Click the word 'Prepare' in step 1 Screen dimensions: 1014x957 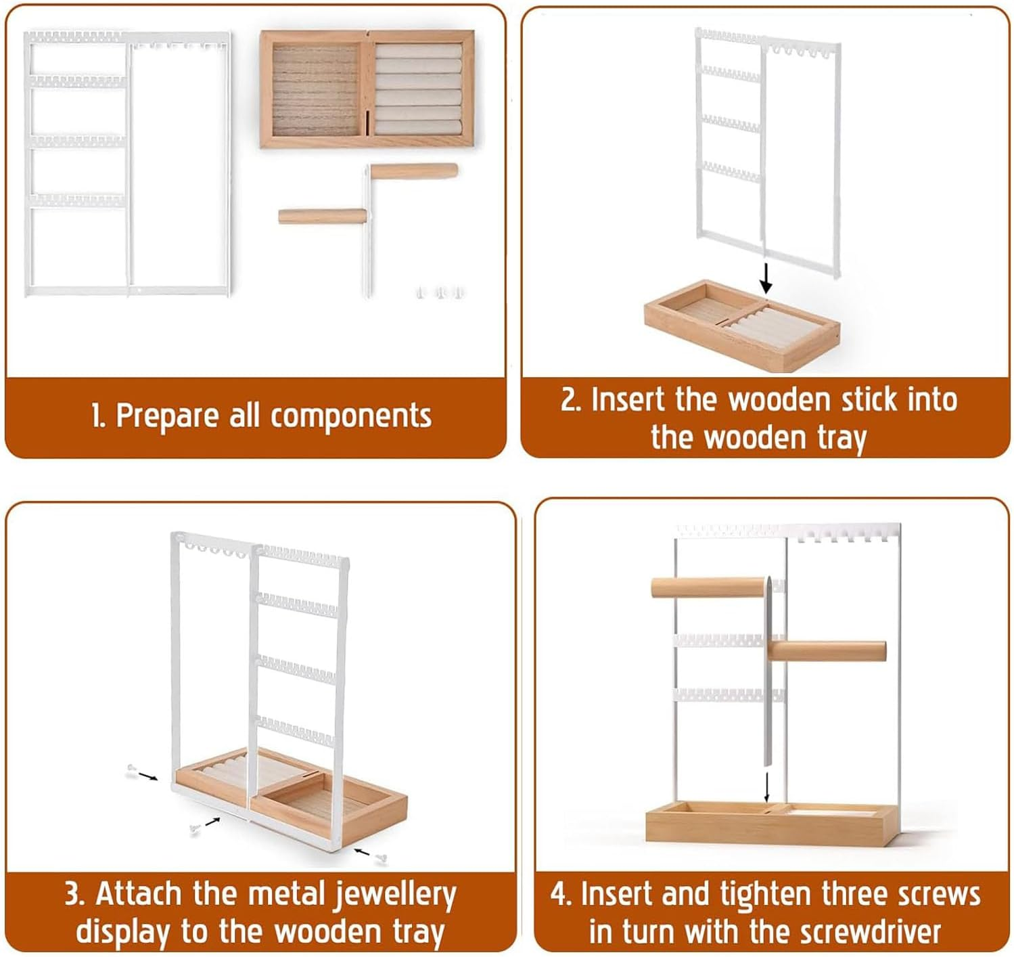coord(168,416)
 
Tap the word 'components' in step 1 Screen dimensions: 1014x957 coord(351,416)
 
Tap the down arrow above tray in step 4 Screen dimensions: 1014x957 coord(766,787)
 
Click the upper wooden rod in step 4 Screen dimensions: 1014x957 coord(710,587)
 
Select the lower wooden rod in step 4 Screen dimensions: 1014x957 coord(827,651)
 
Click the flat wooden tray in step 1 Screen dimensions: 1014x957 coord(367,89)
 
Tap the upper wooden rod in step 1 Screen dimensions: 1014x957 coord(413,171)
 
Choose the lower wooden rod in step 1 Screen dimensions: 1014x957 coord(322,216)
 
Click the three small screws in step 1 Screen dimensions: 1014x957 coord(440,293)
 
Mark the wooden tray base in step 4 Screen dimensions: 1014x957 coord(771,823)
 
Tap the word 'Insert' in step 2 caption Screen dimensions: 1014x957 coord(628,399)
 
